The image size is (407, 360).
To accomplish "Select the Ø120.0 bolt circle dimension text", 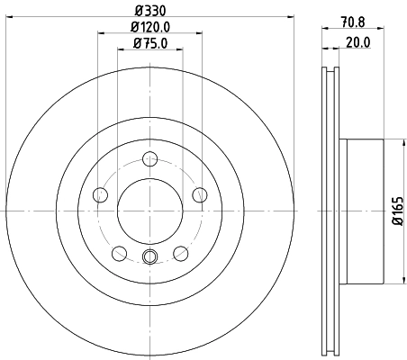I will coord(149,26).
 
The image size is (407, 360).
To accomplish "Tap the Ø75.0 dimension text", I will coord(149,42).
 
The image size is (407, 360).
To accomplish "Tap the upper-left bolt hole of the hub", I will coord(101,195).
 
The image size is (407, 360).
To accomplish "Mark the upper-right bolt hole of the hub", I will coord(200,195).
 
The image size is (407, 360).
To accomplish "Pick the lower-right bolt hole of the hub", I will coord(181,252).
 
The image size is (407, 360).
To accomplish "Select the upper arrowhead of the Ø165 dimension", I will coord(385,141).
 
